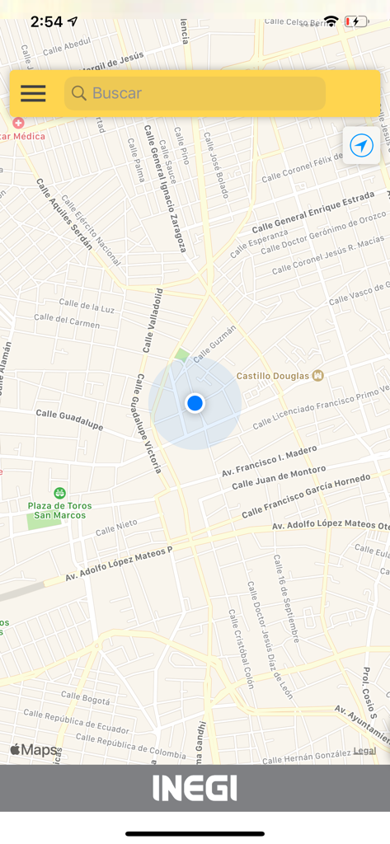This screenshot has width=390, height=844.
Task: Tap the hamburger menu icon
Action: pos(33,93)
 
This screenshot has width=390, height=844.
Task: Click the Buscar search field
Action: pos(195,93)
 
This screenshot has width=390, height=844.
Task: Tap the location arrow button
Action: pos(361,146)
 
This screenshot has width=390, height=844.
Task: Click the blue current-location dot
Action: pos(195,403)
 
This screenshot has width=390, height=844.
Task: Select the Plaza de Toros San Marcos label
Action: pos(59,510)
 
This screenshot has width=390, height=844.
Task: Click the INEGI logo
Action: pos(195,788)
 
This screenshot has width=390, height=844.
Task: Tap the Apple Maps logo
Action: pos(34,749)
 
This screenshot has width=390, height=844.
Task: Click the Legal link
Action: pos(364,750)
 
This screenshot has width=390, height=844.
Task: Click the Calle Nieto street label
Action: pos(116,527)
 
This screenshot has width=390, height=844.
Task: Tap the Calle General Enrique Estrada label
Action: pos(312,213)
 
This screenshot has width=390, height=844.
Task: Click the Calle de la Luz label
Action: pos(87,307)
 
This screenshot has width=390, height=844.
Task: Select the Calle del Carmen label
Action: pos(78,323)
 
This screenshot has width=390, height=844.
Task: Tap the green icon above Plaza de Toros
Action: pos(59,493)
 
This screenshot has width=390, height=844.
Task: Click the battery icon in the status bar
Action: pos(356,21)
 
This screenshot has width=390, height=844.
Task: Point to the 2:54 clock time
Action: pos(46,22)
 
